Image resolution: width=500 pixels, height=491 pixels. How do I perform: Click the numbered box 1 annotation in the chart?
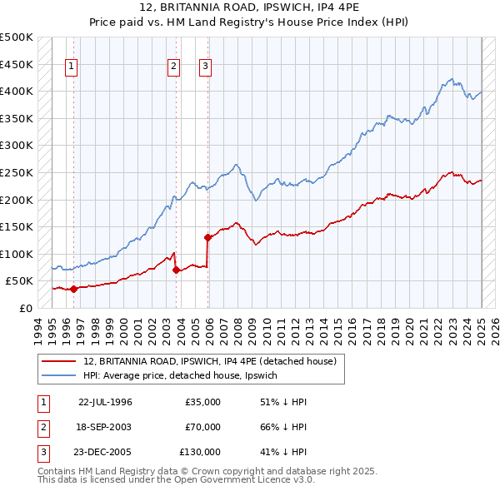pyautogui.click(x=71, y=68)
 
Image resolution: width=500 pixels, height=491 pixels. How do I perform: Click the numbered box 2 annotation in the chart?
pyautogui.click(x=173, y=68)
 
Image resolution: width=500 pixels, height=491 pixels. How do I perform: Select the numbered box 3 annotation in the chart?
pyautogui.click(x=205, y=68)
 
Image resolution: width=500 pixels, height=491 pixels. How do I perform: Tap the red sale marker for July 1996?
pyautogui.click(x=73, y=290)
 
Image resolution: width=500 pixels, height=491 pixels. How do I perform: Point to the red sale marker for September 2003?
pyautogui.click(x=176, y=270)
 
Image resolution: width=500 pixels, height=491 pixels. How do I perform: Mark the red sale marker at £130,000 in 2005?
pyautogui.click(x=207, y=237)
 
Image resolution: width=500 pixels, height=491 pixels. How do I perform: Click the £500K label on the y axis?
pyautogui.click(x=17, y=37)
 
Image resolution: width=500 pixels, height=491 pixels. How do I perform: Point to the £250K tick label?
pyautogui.click(x=17, y=172)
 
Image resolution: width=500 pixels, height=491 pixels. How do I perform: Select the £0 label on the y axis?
pyautogui.click(x=26, y=308)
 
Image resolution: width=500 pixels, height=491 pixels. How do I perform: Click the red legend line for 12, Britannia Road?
pyautogui.click(x=57, y=361)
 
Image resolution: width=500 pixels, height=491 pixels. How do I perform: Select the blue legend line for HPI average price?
pyautogui.click(x=57, y=375)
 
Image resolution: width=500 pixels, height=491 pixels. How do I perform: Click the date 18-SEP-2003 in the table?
pyautogui.click(x=105, y=427)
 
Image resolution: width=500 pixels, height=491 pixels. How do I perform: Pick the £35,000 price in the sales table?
pyautogui.click(x=203, y=402)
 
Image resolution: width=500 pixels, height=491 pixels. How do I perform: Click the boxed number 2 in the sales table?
pyautogui.click(x=41, y=427)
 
